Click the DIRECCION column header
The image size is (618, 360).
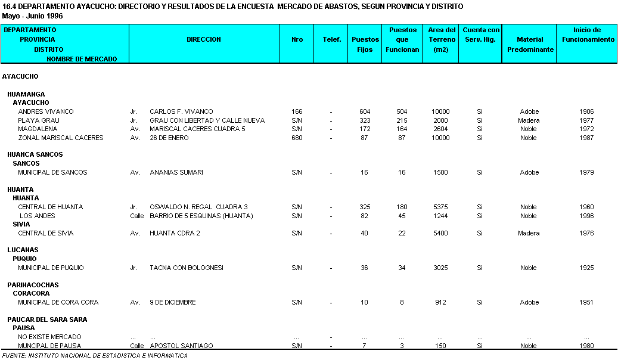(204, 39)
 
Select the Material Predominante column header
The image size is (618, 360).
(530, 44)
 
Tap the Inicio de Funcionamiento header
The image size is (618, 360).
(587, 35)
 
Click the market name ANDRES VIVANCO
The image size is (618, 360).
(46, 111)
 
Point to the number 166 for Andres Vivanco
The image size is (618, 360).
(297, 111)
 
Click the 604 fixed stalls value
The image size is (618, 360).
(365, 111)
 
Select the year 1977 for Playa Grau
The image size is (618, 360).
(586, 120)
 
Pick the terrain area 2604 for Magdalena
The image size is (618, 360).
(441, 129)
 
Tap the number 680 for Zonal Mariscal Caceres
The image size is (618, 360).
(297, 138)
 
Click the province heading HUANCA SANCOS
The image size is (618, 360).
(35, 154)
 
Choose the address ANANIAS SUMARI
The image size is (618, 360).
(176, 172)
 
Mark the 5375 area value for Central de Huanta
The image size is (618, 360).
(441, 207)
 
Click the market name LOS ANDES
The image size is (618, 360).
(38, 216)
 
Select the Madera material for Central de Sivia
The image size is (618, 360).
(529, 233)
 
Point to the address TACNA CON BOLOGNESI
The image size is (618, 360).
(187, 268)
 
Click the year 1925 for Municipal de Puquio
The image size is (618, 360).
(586, 268)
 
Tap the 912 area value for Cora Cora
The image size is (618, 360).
(441, 302)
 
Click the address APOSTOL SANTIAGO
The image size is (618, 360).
(181, 346)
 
